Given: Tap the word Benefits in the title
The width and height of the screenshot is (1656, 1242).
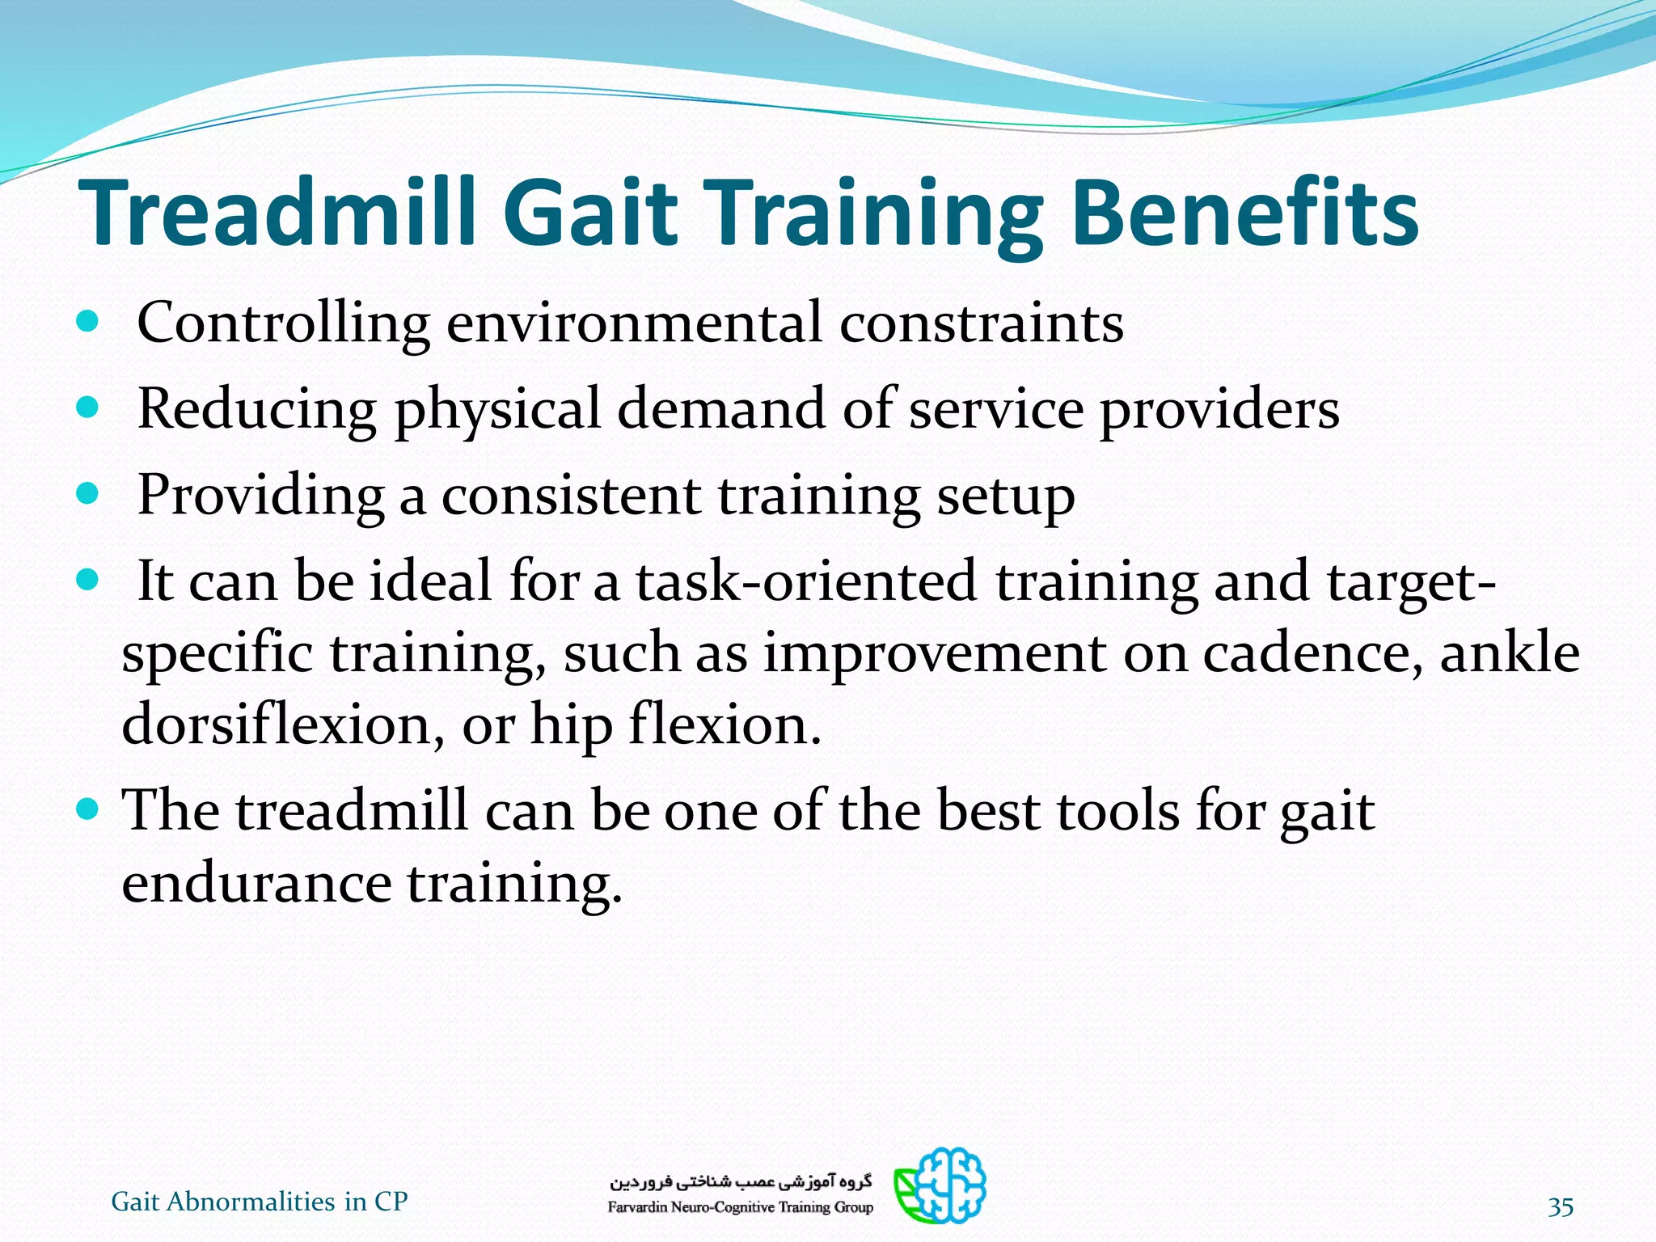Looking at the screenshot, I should tap(1245, 212).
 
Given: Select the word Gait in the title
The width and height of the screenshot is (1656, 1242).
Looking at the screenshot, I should tap(590, 212).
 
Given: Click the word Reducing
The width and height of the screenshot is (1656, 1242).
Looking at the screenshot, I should tap(257, 409).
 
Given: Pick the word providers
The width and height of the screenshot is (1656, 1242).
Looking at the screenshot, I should tap(1219, 409).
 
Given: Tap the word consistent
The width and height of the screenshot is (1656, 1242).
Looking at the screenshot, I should tap(570, 495).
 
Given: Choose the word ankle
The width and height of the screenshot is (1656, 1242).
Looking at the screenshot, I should tap(1509, 652).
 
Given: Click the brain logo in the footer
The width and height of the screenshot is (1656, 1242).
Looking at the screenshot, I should tap(940, 1185).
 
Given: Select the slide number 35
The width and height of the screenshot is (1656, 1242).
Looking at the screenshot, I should tap(1560, 1207).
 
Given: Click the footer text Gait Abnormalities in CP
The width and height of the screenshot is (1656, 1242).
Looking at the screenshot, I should tap(259, 1202).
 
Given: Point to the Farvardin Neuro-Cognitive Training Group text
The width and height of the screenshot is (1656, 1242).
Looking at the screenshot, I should tap(740, 1207).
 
